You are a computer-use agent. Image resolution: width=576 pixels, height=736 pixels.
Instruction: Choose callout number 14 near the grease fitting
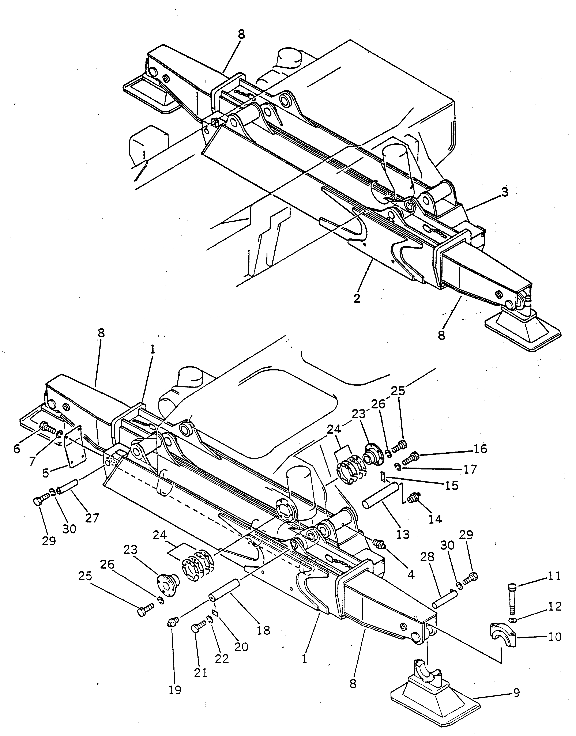click(x=435, y=519)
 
